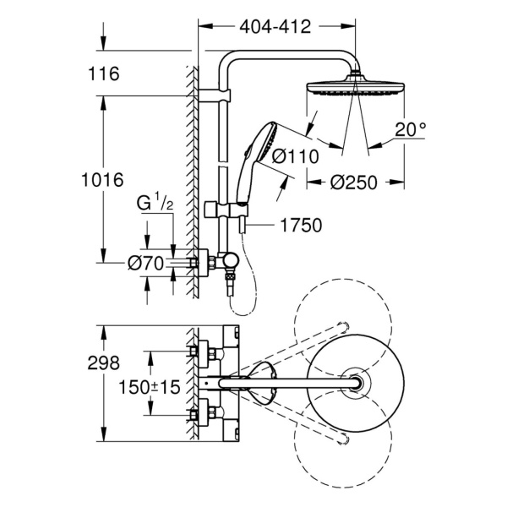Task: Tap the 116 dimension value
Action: coord(103,74)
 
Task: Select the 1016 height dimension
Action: coord(104,179)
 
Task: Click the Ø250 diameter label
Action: coord(354,182)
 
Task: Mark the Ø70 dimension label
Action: coord(144,263)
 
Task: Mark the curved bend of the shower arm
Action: coord(230,63)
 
